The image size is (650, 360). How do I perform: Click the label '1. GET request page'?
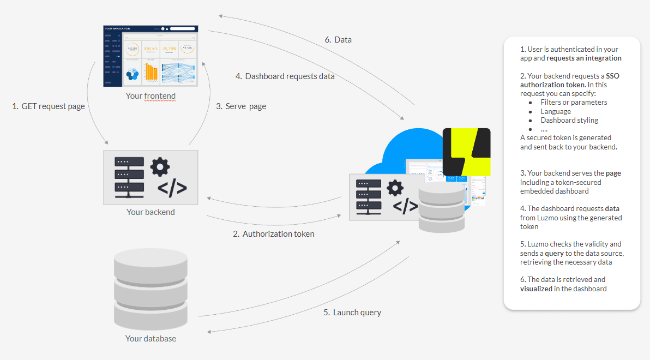click(x=49, y=106)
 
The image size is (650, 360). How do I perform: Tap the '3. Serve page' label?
click(x=241, y=106)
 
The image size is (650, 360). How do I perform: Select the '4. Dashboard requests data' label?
click(x=285, y=76)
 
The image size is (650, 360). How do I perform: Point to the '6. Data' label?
click(x=338, y=40)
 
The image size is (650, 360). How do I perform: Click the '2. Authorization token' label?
click(x=274, y=234)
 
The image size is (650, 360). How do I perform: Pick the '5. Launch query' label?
click(x=352, y=313)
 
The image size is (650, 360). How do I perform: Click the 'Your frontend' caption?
click(x=151, y=96)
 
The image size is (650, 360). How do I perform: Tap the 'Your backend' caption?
click(x=151, y=212)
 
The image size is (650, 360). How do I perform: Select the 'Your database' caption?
click(x=151, y=338)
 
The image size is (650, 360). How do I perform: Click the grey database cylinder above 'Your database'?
click(x=151, y=289)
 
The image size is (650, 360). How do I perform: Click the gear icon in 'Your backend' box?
click(x=160, y=167)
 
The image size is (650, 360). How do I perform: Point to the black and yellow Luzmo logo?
click(x=466, y=152)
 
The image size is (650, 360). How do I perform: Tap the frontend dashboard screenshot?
click(x=151, y=56)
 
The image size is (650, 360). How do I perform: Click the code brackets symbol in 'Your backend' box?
click(x=172, y=188)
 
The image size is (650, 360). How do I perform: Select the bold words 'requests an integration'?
click(x=584, y=58)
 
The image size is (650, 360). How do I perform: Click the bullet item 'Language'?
click(x=556, y=111)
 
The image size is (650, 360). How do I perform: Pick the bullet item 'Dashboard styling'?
click(x=569, y=120)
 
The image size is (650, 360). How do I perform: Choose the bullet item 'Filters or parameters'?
click(x=574, y=103)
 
